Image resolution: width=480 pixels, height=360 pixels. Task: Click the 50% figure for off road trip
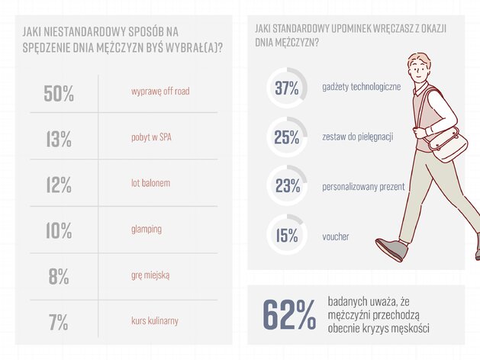point(59,94)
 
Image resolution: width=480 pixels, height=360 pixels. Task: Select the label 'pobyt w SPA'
point(151,137)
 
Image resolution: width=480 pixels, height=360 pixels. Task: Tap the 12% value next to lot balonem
point(59,185)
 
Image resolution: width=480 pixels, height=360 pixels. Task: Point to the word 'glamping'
point(147,229)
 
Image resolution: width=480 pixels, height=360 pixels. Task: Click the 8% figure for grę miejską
point(59,277)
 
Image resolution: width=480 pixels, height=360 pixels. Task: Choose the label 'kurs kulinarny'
point(155,320)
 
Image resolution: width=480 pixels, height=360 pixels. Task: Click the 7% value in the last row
point(59,323)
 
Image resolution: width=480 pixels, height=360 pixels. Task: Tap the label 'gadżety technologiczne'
point(362,87)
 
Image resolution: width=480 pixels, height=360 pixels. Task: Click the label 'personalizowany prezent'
point(363,187)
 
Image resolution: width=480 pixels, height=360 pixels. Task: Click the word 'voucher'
point(336,236)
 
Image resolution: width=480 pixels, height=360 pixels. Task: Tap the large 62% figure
point(289,315)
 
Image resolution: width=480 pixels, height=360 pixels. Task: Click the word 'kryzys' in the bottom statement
point(376,328)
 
